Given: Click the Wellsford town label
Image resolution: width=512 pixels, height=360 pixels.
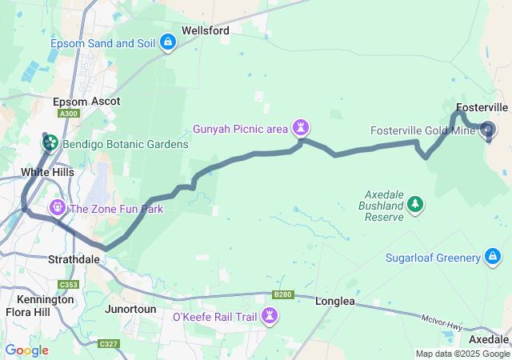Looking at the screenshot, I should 206,30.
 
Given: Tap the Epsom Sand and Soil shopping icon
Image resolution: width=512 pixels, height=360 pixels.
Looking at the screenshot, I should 168,42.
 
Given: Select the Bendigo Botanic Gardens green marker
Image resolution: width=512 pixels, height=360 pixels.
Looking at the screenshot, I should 50,143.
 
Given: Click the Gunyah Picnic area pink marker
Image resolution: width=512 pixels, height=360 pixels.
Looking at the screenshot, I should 301,127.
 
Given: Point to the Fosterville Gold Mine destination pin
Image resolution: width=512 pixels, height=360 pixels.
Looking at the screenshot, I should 488,130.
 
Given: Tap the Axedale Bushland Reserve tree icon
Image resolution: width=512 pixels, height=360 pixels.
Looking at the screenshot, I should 415,206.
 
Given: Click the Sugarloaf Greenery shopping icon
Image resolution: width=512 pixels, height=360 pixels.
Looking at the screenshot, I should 494,257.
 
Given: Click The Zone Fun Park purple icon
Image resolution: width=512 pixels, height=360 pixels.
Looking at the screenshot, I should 58,209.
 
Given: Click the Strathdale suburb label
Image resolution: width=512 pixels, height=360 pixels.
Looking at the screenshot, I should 74,260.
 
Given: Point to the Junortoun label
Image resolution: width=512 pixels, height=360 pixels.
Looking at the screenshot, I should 131,308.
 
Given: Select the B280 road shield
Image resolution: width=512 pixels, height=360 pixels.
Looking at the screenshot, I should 282,294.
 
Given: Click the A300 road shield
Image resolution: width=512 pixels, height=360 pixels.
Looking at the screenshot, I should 70,114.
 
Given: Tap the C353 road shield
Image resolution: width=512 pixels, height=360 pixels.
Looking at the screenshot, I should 69,285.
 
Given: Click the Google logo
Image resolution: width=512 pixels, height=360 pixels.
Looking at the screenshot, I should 26,350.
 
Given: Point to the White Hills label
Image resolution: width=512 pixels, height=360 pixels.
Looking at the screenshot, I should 47,172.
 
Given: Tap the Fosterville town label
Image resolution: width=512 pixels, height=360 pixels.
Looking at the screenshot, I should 482,107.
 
